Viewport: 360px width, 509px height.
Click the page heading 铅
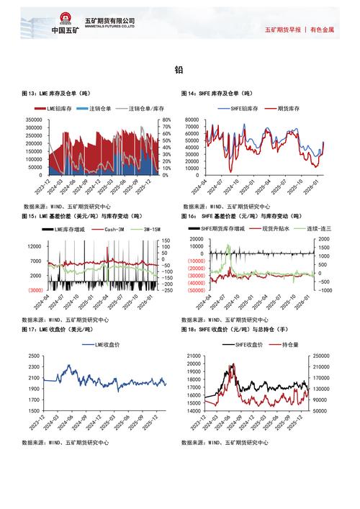click(x=179, y=70)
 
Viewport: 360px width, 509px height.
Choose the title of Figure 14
click(x=217, y=94)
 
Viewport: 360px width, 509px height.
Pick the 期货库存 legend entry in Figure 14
click(x=279, y=109)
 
